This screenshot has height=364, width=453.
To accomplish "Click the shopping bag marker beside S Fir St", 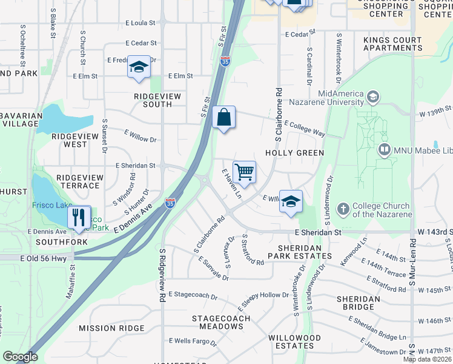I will tap(223, 118).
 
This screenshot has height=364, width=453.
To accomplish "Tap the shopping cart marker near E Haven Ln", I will tap(244, 172).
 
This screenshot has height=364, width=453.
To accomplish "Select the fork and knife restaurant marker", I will tap(79, 217).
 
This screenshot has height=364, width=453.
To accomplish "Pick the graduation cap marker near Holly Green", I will tap(291, 201).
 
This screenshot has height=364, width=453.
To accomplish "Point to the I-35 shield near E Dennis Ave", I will tap(171, 204).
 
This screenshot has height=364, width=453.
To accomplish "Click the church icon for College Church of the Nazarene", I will tap(343, 209).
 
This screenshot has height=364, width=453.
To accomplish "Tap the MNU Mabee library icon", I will tap(383, 149).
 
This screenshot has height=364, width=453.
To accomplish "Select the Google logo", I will tap(20, 357).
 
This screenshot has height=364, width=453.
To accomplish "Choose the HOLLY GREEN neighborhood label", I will tap(294, 153).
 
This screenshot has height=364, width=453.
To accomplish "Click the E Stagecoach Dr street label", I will tap(193, 295).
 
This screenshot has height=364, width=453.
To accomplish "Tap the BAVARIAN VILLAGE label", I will tap(21, 119).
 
